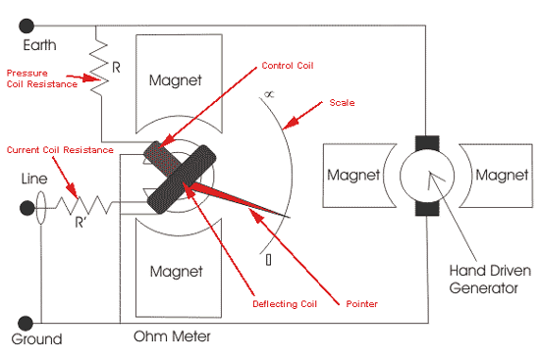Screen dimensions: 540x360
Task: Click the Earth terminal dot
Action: tap(27, 26)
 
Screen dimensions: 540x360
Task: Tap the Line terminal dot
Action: tap(27, 208)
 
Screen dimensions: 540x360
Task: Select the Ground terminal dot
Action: tap(26, 323)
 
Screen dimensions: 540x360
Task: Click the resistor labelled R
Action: tap(98, 68)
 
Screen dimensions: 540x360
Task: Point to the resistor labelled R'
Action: tap(83, 205)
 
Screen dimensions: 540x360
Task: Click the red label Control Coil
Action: tap(288, 66)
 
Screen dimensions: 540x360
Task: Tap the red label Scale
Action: tap(342, 103)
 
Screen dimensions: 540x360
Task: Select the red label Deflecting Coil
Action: tap(285, 304)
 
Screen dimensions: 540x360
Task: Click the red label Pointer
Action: tap(361, 304)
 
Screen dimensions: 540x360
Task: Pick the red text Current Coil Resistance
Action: tap(60, 150)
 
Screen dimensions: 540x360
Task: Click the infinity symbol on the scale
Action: tap(269, 94)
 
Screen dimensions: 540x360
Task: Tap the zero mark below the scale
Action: tap(269, 260)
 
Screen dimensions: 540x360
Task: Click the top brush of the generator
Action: tap(427, 143)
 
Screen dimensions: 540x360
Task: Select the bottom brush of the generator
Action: tap(427, 208)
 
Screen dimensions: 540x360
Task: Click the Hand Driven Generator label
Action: tap(490, 280)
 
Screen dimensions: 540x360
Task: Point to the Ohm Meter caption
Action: tap(172, 336)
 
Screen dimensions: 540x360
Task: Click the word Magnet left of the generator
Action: tap(353, 175)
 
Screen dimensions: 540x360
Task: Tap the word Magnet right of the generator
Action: tap(502, 175)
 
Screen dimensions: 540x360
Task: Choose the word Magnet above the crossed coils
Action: tap(176, 80)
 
